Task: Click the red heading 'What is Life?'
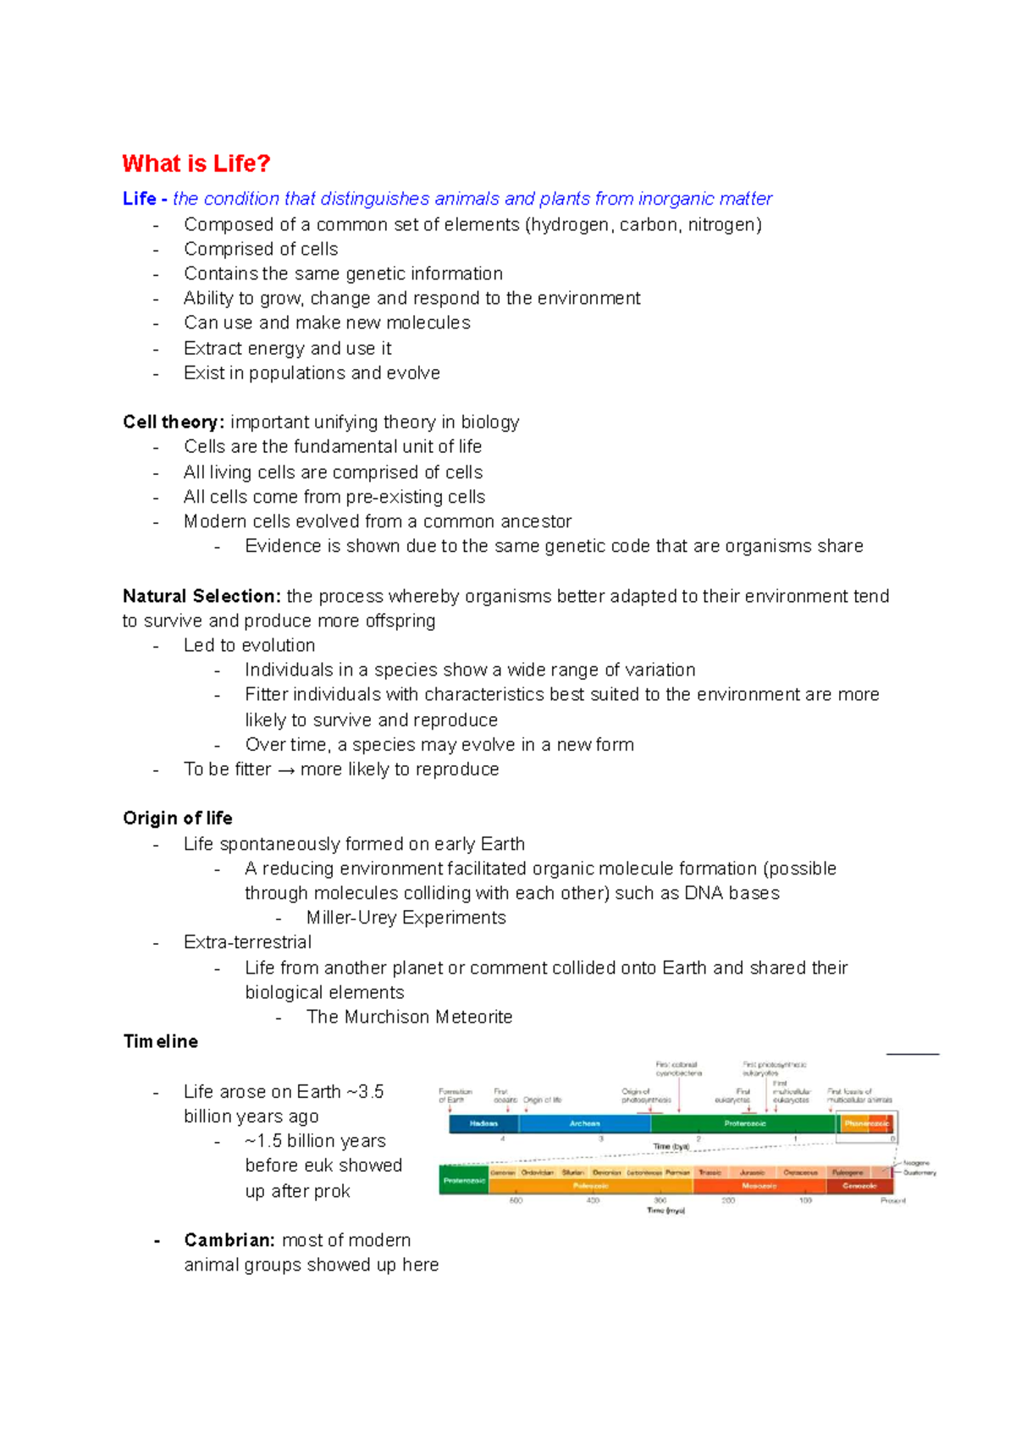196,163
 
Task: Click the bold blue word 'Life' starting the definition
139,199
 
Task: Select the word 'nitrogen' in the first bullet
721,224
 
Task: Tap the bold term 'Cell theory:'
174,422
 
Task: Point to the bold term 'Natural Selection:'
202,596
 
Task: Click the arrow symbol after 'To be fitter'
285,770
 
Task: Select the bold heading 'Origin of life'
177,818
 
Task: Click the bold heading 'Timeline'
160,1041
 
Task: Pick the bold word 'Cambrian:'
229,1240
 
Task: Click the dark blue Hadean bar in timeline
483,1123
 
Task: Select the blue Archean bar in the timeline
584,1123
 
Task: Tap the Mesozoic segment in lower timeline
759,1186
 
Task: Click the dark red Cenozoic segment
859,1186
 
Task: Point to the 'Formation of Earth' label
455,1095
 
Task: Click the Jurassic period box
752,1172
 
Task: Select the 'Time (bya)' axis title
671,1146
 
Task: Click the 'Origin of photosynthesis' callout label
645,1095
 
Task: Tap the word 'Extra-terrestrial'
247,942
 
